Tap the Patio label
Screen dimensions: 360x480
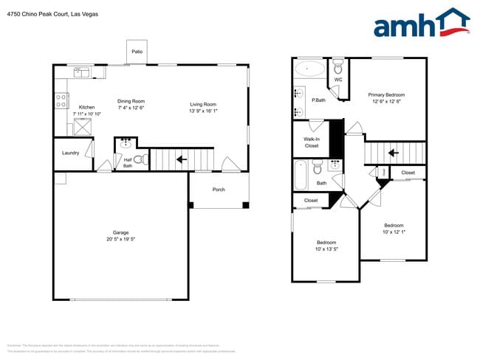(x=137, y=52)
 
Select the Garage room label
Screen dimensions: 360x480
(x=120, y=232)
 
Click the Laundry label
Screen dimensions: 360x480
(x=70, y=153)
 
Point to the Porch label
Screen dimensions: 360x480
(x=219, y=190)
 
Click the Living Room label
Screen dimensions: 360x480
(x=203, y=104)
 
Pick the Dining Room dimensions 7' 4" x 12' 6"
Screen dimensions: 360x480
(x=131, y=108)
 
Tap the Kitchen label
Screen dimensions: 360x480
(x=86, y=107)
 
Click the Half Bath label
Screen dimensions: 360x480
(x=128, y=163)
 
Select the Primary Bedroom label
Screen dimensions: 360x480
(x=386, y=94)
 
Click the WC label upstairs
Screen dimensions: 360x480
(x=338, y=80)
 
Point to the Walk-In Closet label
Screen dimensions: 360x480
(x=312, y=142)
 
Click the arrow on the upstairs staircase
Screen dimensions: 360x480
(x=394, y=153)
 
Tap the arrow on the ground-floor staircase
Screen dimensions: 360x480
(x=181, y=159)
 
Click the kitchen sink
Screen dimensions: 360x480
(x=80, y=72)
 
